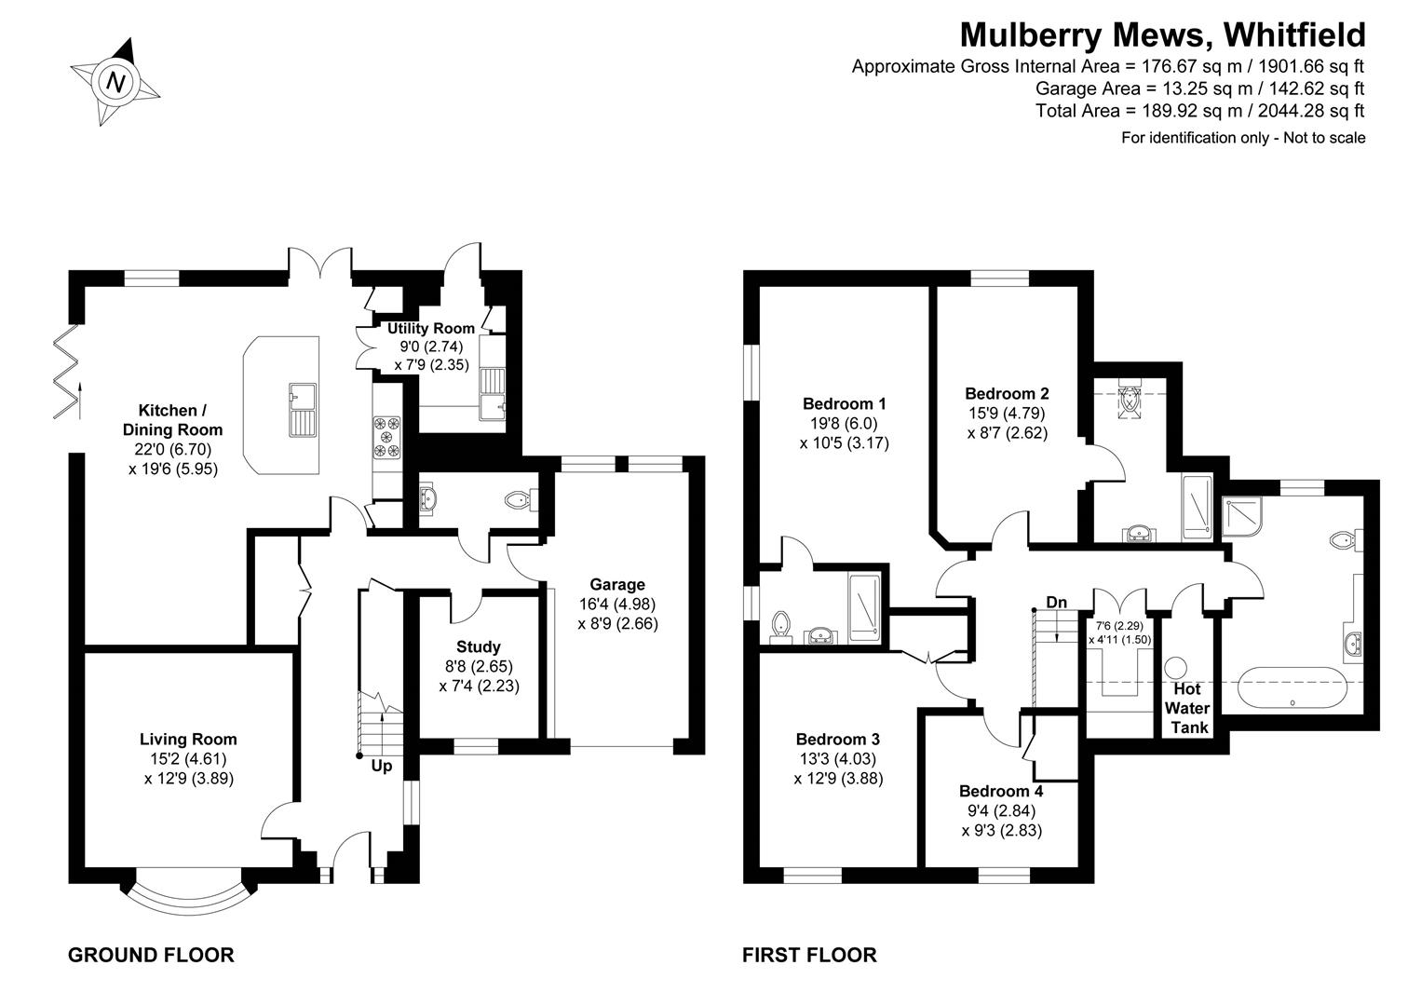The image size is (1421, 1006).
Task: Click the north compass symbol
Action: pyautogui.click(x=115, y=82)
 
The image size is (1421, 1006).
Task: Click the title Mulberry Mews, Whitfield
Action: pyautogui.click(x=1162, y=34)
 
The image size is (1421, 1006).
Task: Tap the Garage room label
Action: pyautogui.click(x=617, y=584)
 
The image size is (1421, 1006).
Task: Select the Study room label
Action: pyautogui.click(x=479, y=646)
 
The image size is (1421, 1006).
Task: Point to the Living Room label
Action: pyautogui.click(x=188, y=739)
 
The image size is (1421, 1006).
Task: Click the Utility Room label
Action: pyautogui.click(x=431, y=328)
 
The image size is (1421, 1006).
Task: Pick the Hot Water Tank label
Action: pyautogui.click(x=1188, y=708)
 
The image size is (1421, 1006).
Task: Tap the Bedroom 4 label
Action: pyautogui.click(x=1001, y=791)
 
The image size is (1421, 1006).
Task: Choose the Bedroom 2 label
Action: pyautogui.click(x=1007, y=393)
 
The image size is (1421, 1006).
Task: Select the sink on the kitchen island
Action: pyautogui.click(x=303, y=410)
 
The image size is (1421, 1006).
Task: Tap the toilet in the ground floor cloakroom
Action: pyautogui.click(x=518, y=501)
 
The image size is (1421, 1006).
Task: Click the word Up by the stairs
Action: pyautogui.click(x=382, y=766)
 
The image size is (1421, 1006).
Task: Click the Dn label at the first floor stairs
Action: pyautogui.click(x=1056, y=603)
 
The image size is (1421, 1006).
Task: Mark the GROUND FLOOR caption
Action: pyautogui.click(x=151, y=955)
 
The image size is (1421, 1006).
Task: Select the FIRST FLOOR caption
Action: pyautogui.click(x=809, y=955)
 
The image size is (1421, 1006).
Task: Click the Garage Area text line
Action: pyautogui.click(x=1199, y=88)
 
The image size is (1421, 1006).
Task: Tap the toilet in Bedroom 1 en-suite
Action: pyautogui.click(x=781, y=626)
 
